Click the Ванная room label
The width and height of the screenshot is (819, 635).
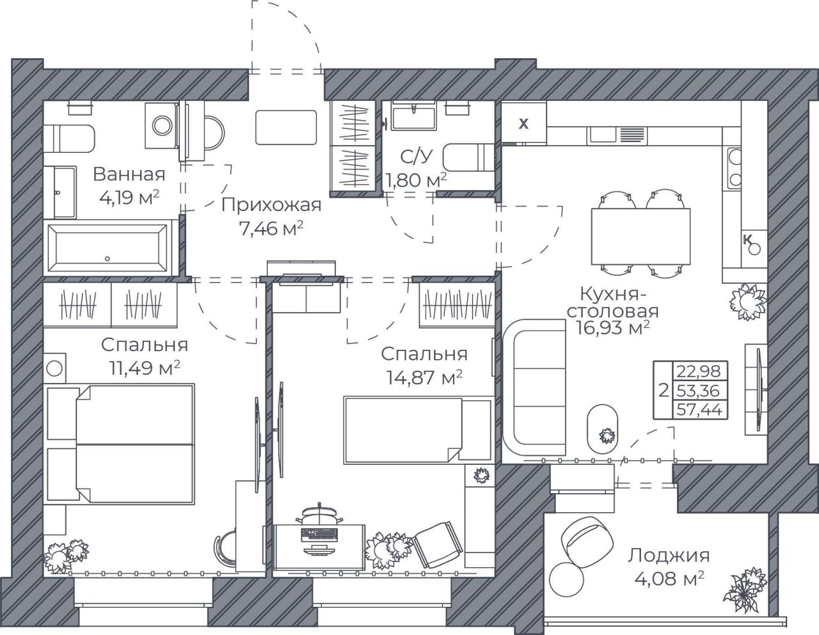coord(129,175)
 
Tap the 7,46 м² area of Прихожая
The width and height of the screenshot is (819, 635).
coord(271,228)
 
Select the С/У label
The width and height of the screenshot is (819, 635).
coord(416,157)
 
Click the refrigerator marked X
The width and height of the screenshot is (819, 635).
coord(523,123)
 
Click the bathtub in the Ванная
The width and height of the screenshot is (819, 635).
coord(107,248)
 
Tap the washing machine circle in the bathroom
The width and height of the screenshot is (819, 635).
coord(163,125)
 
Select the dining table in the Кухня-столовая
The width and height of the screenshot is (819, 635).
coord(640,237)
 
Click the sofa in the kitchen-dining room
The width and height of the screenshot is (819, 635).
coord(534,388)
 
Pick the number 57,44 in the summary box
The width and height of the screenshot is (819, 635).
coord(699,409)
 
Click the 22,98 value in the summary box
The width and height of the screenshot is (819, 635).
coord(699,372)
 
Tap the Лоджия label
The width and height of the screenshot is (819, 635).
coord(669,556)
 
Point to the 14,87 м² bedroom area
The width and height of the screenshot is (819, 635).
coord(424,377)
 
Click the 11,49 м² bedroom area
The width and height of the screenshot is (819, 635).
coord(145,368)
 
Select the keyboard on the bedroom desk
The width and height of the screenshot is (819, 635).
coord(319,535)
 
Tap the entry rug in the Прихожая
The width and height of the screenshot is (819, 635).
coord(286,127)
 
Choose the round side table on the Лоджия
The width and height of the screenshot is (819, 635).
coord(566,579)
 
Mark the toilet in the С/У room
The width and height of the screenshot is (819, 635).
coord(468,157)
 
